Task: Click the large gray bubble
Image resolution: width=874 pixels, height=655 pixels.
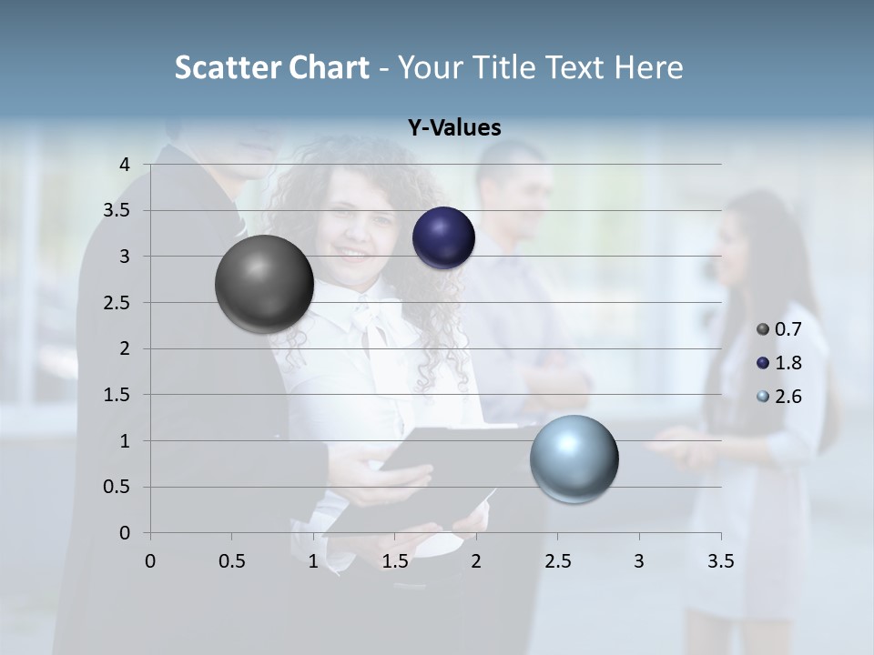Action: click(x=265, y=284)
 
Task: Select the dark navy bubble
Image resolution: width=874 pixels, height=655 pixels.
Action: click(x=443, y=237)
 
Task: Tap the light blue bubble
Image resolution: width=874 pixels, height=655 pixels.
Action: click(x=574, y=458)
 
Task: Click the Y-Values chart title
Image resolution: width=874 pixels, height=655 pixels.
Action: click(x=454, y=128)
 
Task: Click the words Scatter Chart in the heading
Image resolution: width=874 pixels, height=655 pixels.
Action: click(x=271, y=67)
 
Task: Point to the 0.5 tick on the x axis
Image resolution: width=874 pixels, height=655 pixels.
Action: click(x=232, y=561)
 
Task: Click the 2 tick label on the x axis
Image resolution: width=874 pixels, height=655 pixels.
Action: click(x=476, y=561)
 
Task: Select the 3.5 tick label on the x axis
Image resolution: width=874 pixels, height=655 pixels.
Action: click(x=720, y=561)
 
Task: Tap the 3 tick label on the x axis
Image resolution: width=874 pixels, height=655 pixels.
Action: click(x=639, y=561)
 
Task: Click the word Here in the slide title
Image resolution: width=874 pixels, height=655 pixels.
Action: click(x=648, y=67)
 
